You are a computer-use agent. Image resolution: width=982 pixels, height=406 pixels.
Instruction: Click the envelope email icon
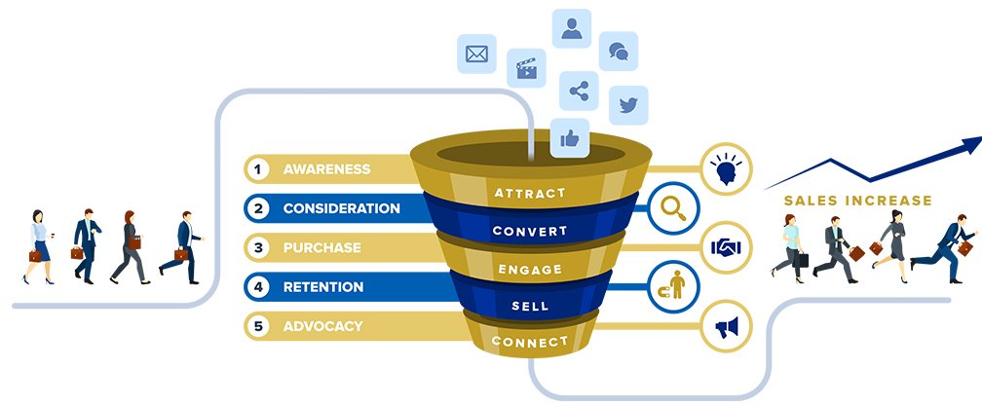[x=476, y=54]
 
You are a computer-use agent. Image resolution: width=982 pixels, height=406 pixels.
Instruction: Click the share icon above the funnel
[x=579, y=91]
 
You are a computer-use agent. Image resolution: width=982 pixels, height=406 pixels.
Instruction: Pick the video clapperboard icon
[x=526, y=69]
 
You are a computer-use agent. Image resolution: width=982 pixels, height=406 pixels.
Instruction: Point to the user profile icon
[x=572, y=27]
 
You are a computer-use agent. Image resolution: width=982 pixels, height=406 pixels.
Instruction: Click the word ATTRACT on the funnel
[x=529, y=193]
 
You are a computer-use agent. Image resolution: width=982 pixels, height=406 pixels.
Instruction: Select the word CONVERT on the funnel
[x=529, y=232]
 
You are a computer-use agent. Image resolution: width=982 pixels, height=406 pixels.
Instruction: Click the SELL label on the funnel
[x=529, y=307]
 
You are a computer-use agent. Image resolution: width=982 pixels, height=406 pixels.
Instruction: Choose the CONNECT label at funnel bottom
[x=529, y=342]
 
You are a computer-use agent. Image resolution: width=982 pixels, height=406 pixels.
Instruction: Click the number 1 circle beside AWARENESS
[x=258, y=169]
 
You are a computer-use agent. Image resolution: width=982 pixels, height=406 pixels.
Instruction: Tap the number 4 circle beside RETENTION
[x=258, y=287]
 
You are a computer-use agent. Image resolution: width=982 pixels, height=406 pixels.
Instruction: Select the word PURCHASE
[x=321, y=248]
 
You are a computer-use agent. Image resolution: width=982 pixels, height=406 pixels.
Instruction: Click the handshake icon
[x=726, y=247]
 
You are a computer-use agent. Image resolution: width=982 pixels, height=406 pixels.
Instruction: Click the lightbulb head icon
[x=726, y=166]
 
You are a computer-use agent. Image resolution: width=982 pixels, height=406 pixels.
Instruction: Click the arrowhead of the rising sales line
[x=970, y=146]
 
